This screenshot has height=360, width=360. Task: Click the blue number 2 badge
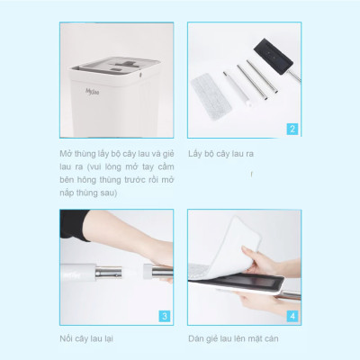pyautogui.click(x=292, y=128)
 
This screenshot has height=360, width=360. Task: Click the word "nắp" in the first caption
pyautogui.click(x=67, y=193)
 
